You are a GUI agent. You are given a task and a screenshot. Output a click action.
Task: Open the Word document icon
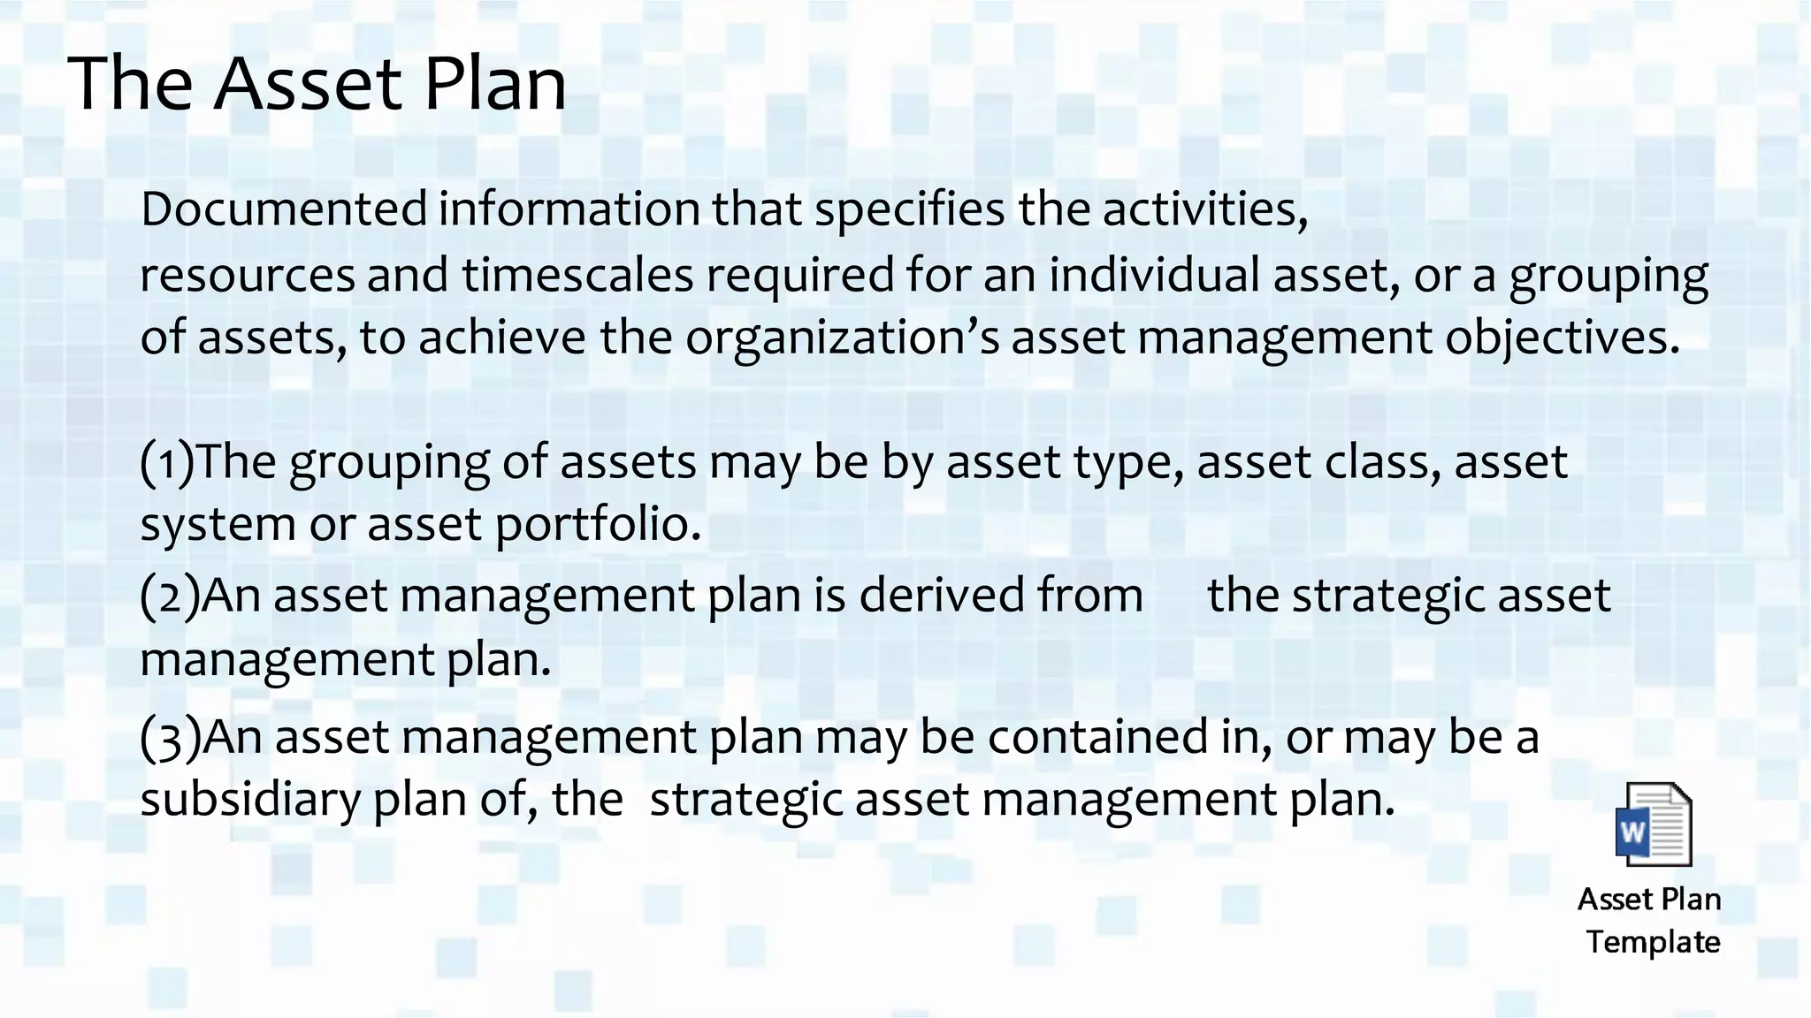click(1653, 824)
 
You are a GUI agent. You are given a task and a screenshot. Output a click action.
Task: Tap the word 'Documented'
click(284, 209)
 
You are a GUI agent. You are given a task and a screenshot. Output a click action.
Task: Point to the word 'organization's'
click(842, 338)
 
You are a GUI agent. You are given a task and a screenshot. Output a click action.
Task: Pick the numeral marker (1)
click(166, 462)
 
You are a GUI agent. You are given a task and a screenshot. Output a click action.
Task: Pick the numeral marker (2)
click(169, 596)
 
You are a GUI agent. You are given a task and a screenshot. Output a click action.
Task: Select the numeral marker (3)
click(170, 738)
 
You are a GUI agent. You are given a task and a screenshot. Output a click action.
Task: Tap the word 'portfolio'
click(597, 525)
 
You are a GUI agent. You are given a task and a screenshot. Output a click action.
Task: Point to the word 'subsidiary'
click(250, 799)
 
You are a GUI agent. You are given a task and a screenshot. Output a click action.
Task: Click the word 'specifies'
click(909, 210)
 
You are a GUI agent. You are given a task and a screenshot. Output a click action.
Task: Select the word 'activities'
click(1204, 209)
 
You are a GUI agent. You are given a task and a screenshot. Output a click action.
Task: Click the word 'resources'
click(248, 276)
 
